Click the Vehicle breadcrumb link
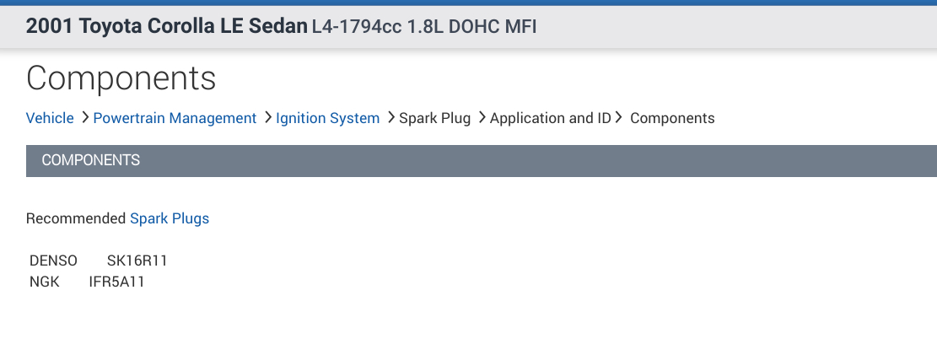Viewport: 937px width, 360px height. [50, 118]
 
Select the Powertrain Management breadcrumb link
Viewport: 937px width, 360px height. [175, 118]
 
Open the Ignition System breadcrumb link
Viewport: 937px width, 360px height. [327, 118]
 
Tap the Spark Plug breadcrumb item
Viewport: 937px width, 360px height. [434, 118]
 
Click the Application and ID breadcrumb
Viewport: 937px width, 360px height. [550, 118]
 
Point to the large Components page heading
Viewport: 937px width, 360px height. [121, 78]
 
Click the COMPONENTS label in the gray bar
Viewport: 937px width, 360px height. [91, 160]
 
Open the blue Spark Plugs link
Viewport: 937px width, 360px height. [170, 218]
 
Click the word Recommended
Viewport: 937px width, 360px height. [76, 218]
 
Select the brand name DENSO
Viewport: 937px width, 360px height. [53, 261]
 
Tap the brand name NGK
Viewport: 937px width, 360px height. [45, 282]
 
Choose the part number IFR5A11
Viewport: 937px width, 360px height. [117, 282]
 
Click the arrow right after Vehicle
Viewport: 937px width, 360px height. [85, 118]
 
